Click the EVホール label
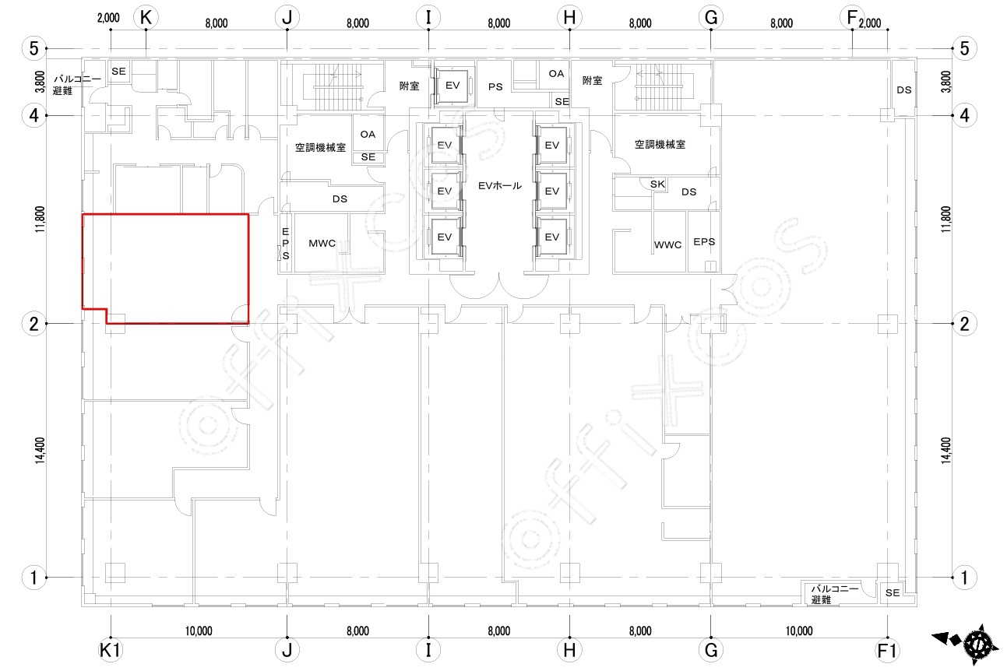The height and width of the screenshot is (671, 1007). point(499,185)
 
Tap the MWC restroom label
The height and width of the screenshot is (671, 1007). point(322,243)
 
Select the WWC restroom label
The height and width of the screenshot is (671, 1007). point(667,245)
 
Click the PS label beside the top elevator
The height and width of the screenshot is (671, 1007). point(495,86)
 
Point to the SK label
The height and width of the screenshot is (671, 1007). point(657,184)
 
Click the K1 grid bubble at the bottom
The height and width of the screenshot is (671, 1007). point(111,650)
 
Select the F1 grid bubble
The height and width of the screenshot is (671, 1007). point(887,650)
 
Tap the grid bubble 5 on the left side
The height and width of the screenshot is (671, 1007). point(34,48)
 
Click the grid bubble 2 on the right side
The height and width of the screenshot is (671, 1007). point(964,324)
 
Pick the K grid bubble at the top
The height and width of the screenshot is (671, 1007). point(146,18)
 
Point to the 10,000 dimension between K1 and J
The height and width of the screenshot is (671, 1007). point(199,631)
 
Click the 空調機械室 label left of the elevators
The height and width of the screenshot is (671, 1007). point(320,147)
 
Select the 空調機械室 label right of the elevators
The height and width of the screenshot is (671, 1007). point(660,144)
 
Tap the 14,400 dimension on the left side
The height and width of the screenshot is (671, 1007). point(40,451)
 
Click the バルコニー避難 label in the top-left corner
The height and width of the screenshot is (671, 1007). point(77,85)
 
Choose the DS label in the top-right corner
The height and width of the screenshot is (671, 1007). point(903,90)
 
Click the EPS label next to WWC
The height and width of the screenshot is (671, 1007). point(704,242)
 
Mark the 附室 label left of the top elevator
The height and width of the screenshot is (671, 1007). point(409,86)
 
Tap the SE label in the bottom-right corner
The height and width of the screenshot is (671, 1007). point(893,593)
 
